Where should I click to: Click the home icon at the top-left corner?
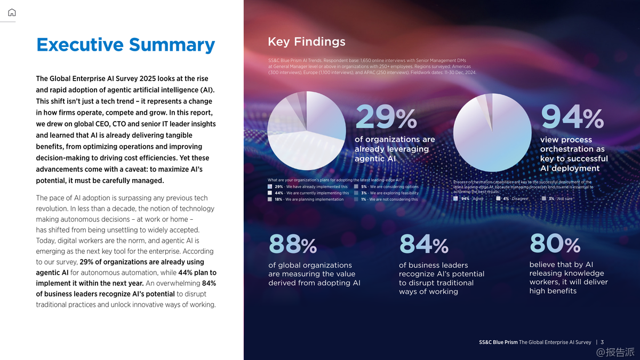[12, 13]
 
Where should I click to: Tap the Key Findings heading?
[306, 42]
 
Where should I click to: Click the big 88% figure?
[292, 245]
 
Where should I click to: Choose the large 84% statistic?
[423, 245]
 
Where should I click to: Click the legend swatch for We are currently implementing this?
[270, 193]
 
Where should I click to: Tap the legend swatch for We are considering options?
[356, 187]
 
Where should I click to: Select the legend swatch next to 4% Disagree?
[498, 198]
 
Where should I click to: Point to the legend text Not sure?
[565, 198]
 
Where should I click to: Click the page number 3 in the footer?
[602, 342]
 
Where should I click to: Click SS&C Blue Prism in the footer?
[498, 342]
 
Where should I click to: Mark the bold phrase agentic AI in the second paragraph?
[52, 273]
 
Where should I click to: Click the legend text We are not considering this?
[394, 199]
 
